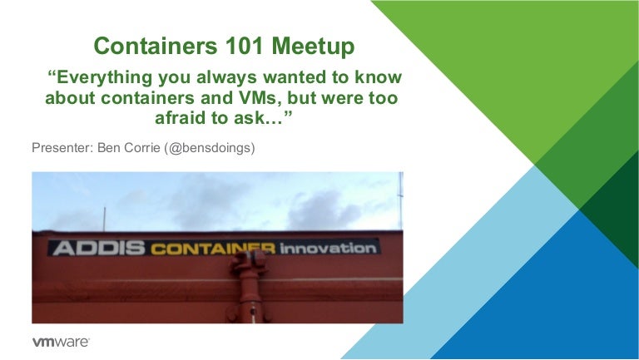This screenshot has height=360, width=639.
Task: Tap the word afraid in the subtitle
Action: pyautogui.click(x=180, y=120)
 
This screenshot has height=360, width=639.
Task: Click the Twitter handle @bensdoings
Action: pyautogui.click(x=225, y=149)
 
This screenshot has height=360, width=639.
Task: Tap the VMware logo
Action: pyautogui.click(x=60, y=342)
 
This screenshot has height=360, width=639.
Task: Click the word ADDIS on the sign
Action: pyautogui.click(x=98, y=248)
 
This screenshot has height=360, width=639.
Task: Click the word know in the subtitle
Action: pyautogui.click(x=379, y=78)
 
